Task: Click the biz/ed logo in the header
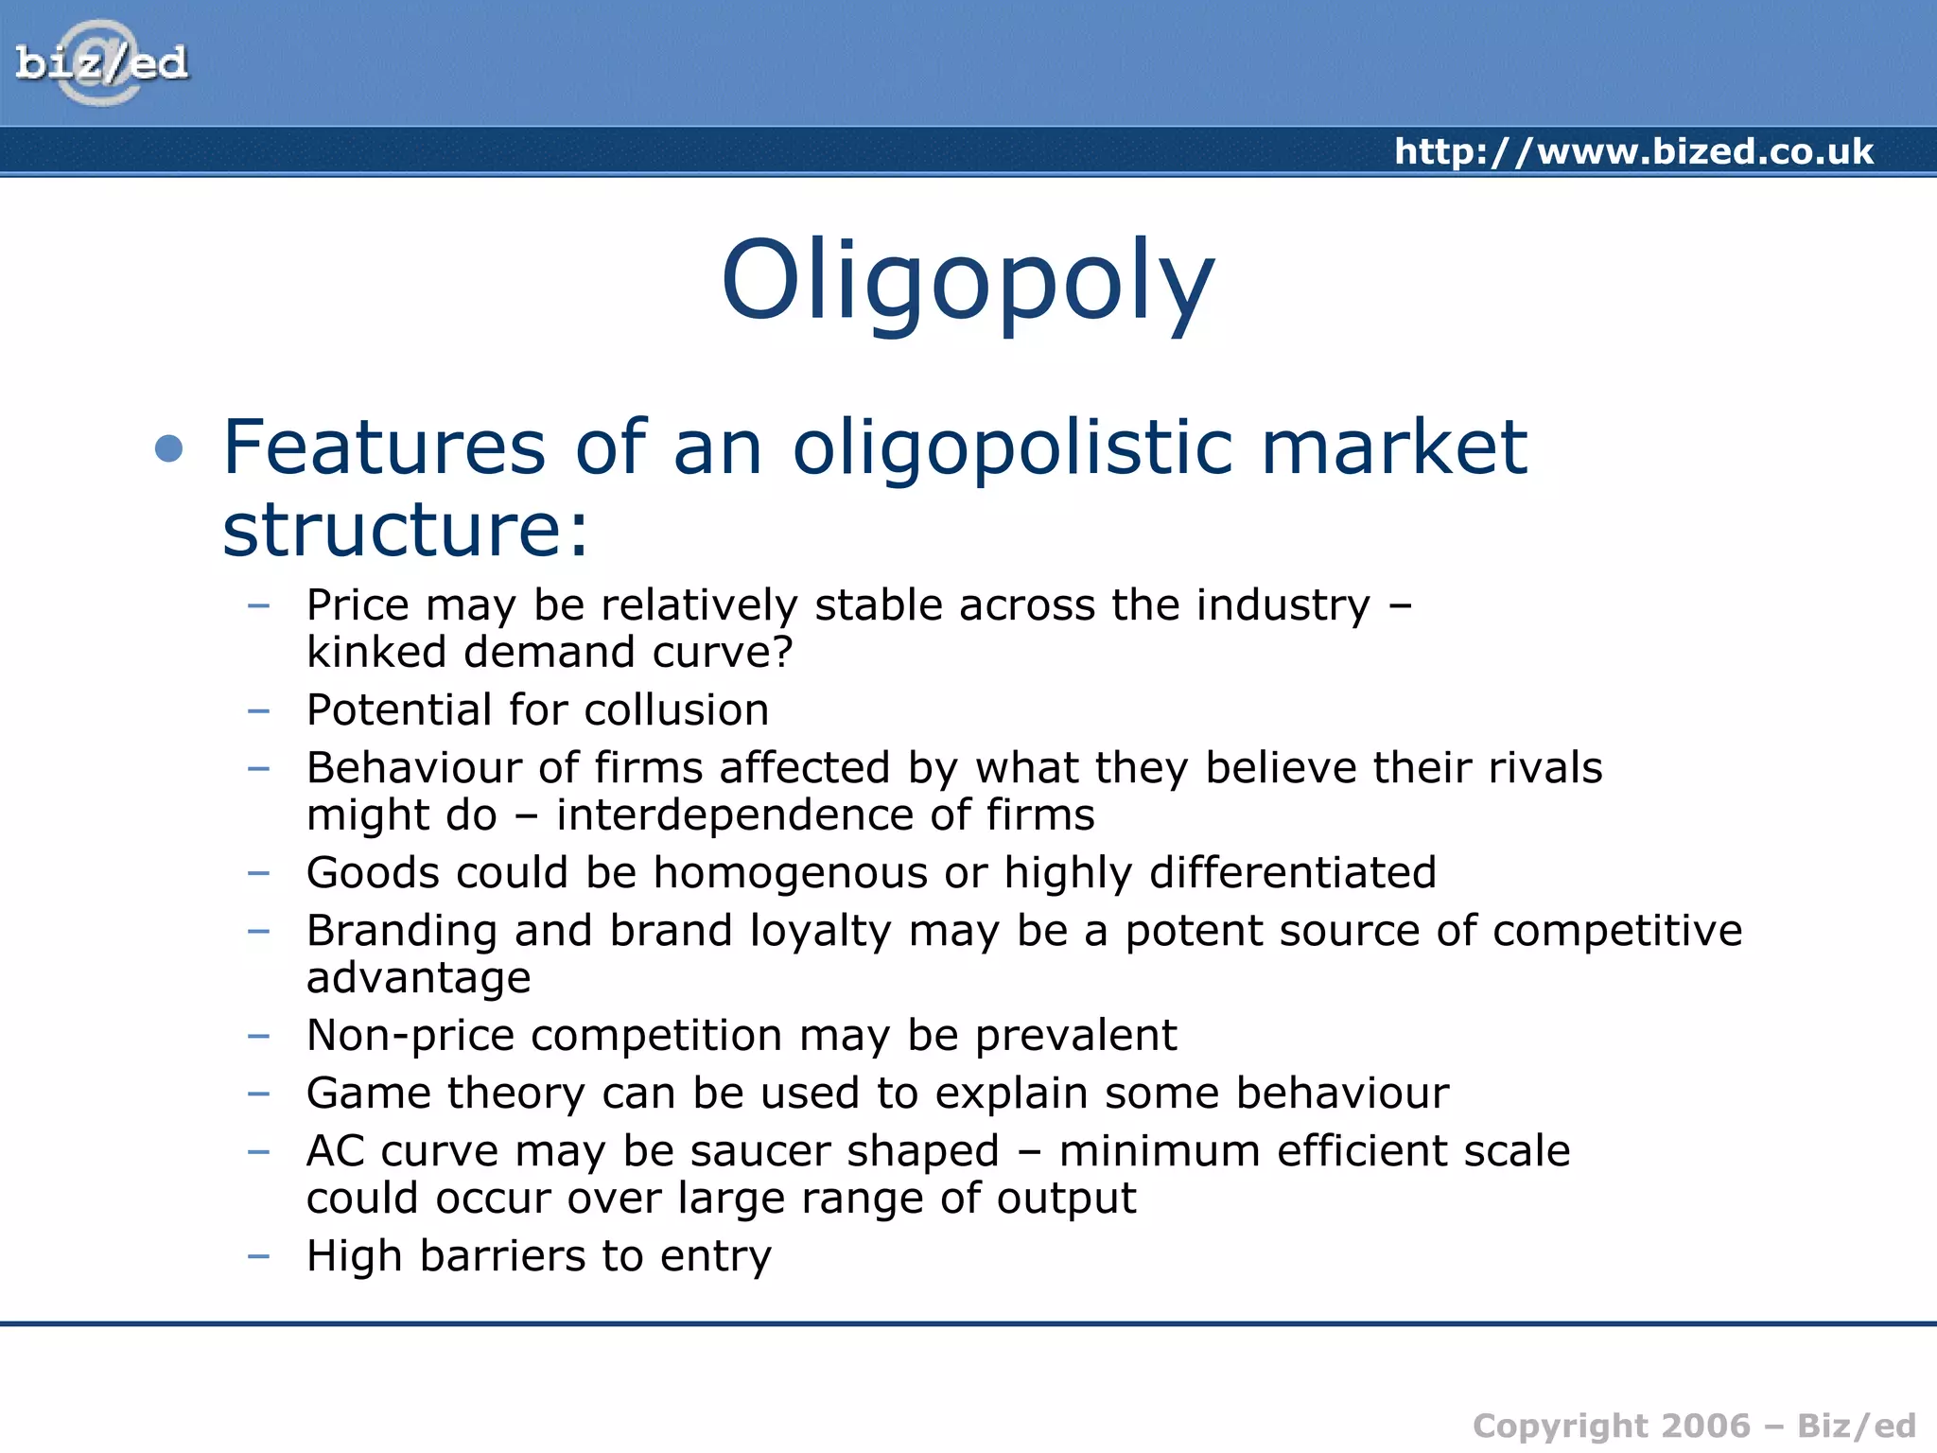coord(101,63)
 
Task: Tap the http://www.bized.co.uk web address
coord(1633,151)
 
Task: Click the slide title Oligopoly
coord(967,280)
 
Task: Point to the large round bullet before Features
coord(169,447)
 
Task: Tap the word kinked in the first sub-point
coord(375,652)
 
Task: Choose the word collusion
coord(676,709)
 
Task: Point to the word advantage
coord(418,977)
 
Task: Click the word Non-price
coord(410,1035)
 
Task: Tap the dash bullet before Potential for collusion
coord(258,709)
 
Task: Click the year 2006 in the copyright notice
coord(1706,1426)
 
